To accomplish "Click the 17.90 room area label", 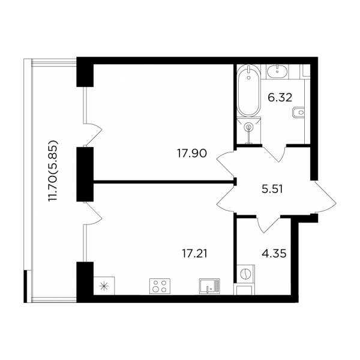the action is coord(192,154).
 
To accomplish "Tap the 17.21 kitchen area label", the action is coord(194,254).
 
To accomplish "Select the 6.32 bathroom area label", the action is coord(280,98).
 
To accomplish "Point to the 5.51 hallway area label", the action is coord(272,190).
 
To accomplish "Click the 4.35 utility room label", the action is coord(274,254).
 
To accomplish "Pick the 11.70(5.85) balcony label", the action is coord(53,174).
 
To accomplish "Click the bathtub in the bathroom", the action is coord(248,91).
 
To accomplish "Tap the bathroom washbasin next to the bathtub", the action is coord(277,71).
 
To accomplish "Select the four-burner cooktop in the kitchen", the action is coord(160,286).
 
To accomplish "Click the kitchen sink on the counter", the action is coord(209,286).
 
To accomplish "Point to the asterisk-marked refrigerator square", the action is coord(104,286).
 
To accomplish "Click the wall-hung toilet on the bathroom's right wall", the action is coord(298,113).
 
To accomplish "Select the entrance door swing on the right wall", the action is coord(325,197).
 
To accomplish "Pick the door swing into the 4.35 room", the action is coord(269,224).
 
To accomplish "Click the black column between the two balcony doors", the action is coord(85,174).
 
